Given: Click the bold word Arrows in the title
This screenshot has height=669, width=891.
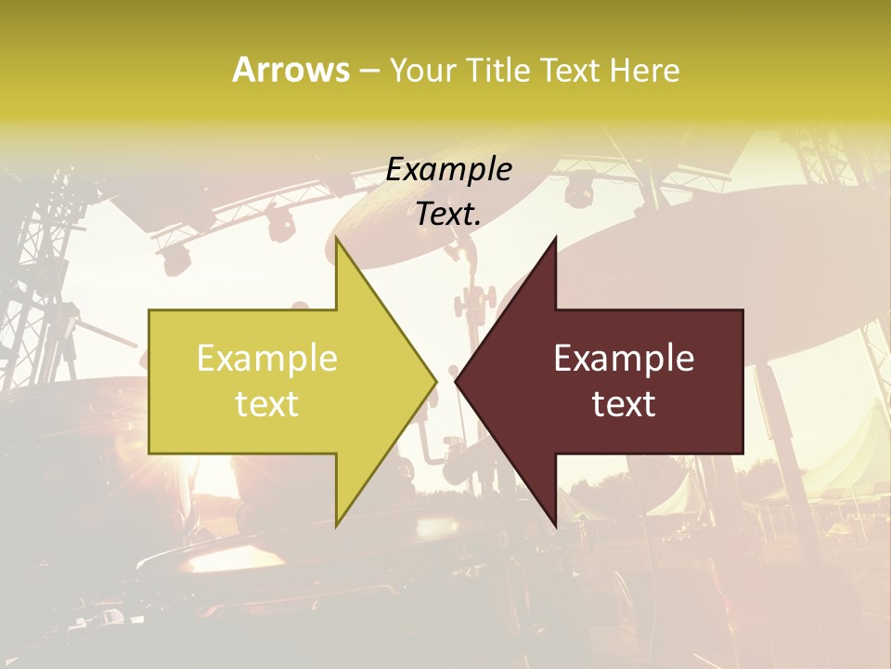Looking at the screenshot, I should tap(291, 70).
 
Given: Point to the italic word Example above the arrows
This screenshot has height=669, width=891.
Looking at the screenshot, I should tap(449, 170).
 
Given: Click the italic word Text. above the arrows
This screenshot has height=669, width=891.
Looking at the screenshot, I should tap(449, 215).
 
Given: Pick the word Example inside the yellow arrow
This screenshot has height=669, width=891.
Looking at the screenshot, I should tap(267, 359).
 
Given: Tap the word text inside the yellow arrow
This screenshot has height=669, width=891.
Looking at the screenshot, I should tap(267, 404).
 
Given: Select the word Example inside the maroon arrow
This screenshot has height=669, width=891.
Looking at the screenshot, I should tap(624, 359).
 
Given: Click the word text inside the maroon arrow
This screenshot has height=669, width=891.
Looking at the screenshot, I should tap(624, 404).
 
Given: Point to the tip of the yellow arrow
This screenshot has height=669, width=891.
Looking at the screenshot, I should tap(436, 381).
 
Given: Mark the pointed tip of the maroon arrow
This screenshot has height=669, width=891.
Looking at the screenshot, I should tap(456, 381).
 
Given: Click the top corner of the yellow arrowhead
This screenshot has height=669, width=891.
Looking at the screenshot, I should tap(336, 238).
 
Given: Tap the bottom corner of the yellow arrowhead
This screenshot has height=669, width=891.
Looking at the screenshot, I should tap(336, 526).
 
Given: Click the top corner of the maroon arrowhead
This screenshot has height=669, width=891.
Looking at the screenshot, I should tap(555, 238).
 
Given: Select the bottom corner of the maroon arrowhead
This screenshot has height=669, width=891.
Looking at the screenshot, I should tap(555, 526).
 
